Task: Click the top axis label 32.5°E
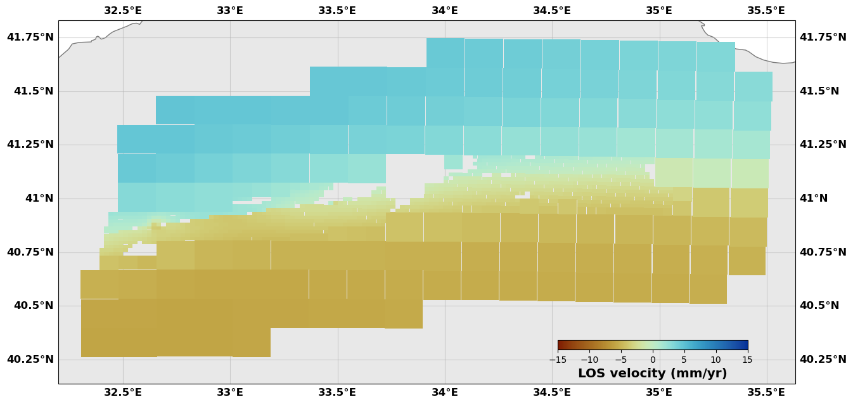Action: click(123, 10)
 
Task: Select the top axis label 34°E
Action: click(445, 10)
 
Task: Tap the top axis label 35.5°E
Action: click(766, 10)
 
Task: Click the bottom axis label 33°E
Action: click(230, 392)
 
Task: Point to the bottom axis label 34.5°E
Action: click(551, 392)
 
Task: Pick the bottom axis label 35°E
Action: click(659, 392)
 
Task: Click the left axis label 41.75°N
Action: click(30, 37)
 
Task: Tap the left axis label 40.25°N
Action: click(30, 360)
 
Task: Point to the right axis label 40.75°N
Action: click(823, 252)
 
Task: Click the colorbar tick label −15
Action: click(558, 360)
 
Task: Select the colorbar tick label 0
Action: click(653, 360)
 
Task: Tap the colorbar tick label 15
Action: click(748, 360)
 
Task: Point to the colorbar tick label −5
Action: click(621, 360)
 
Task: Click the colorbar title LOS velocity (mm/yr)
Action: click(652, 374)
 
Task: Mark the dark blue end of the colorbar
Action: click(745, 345)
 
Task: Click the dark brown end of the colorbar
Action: click(560, 345)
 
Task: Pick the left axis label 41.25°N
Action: click(30, 145)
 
